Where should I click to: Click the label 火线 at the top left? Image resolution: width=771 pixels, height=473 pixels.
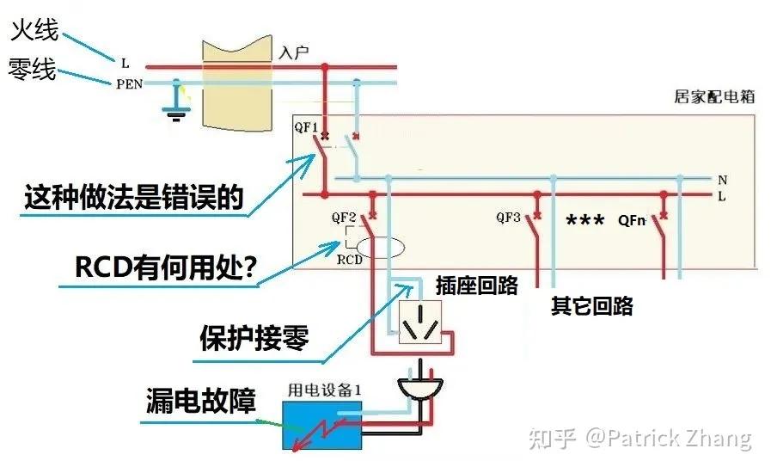pos(34,31)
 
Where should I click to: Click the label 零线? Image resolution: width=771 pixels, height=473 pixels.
pos(33,69)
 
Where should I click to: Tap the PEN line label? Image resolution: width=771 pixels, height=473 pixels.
pos(130,84)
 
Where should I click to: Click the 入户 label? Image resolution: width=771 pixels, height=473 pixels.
pos(294,52)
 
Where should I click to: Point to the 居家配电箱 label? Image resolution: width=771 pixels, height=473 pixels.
pos(713,97)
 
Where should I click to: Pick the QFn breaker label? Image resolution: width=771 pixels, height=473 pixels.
pos(633,219)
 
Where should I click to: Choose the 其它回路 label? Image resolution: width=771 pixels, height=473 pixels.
pos(591,306)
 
